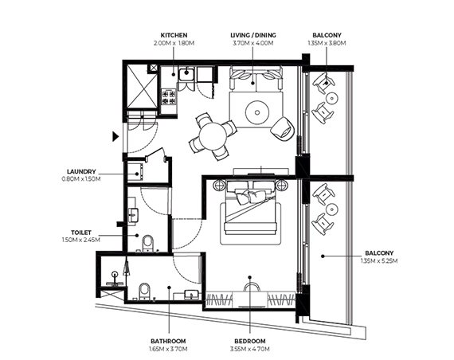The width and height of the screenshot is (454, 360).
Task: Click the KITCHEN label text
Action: (x=174, y=35)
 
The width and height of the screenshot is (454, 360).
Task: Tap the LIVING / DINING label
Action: (x=253, y=35)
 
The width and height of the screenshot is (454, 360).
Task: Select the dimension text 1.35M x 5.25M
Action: (x=379, y=260)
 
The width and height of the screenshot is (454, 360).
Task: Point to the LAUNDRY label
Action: (x=81, y=172)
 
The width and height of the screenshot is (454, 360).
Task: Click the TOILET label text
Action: (x=81, y=233)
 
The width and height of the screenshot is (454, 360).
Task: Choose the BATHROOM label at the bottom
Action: (x=168, y=341)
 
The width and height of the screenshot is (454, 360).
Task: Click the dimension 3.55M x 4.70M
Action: (x=250, y=349)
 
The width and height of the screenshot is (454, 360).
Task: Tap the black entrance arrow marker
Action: (x=115, y=136)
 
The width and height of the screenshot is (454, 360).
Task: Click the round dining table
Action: (x=213, y=136)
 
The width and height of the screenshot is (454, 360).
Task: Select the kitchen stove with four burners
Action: (x=169, y=97)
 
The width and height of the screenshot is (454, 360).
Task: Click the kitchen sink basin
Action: (x=186, y=73)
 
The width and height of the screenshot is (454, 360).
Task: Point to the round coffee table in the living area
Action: (x=257, y=112)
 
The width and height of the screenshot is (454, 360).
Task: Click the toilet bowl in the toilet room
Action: (x=148, y=242)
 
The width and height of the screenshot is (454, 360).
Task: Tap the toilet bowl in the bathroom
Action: (x=144, y=291)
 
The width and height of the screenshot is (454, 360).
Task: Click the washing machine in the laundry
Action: (x=135, y=172)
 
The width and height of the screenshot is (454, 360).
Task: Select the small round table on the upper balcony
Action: (x=331, y=98)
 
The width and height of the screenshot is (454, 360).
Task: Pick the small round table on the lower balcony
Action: (x=331, y=209)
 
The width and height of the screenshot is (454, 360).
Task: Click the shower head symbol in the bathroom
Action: (x=115, y=274)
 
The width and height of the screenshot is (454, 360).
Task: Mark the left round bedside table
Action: (x=219, y=185)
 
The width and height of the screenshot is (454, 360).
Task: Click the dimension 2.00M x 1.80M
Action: (x=174, y=43)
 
